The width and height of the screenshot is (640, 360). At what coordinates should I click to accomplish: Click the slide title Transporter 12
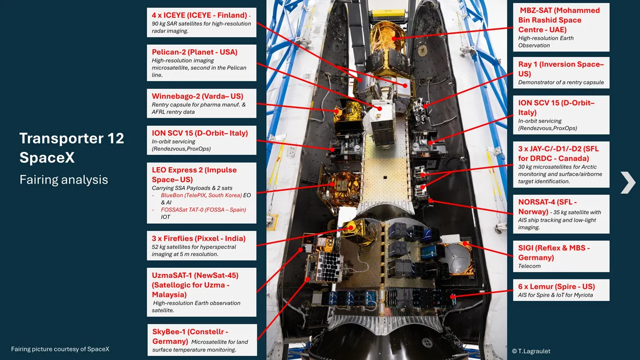coord(72,139)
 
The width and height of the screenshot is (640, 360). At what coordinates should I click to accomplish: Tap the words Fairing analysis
coord(64,180)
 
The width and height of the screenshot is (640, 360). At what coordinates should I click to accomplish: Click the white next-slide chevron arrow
coord(628,183)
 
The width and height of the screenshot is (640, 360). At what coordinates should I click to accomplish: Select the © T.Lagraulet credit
coord(531,351)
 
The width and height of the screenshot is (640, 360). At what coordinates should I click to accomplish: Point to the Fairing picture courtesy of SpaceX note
coord(60,349)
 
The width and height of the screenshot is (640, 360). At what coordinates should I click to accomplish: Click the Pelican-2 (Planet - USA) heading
coord(195,52)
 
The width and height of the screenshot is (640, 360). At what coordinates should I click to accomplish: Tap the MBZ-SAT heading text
coord(559,20)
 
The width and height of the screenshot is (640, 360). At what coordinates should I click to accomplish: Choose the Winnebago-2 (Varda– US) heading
coord(198,96)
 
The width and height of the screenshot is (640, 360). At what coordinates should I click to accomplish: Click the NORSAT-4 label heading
coord(547,206)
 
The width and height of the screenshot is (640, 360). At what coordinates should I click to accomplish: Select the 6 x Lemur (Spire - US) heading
coord(556,287)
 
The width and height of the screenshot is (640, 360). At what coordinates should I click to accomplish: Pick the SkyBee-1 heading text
coord(190,336)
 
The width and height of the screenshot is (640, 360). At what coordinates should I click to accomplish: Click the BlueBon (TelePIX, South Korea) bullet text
coord(201,195)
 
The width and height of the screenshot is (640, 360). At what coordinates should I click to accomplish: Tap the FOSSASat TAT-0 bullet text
coord(204,210)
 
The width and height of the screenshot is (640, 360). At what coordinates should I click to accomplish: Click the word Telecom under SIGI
coord(529,266)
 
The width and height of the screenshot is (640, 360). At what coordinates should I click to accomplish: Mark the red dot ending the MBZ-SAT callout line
coord(394,38)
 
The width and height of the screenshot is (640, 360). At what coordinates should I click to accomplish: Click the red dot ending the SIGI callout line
coord(465,244)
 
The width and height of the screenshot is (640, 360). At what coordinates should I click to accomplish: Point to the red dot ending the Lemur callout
coord(452,297)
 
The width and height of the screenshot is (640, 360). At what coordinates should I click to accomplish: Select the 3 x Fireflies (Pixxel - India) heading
coord(198,238)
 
